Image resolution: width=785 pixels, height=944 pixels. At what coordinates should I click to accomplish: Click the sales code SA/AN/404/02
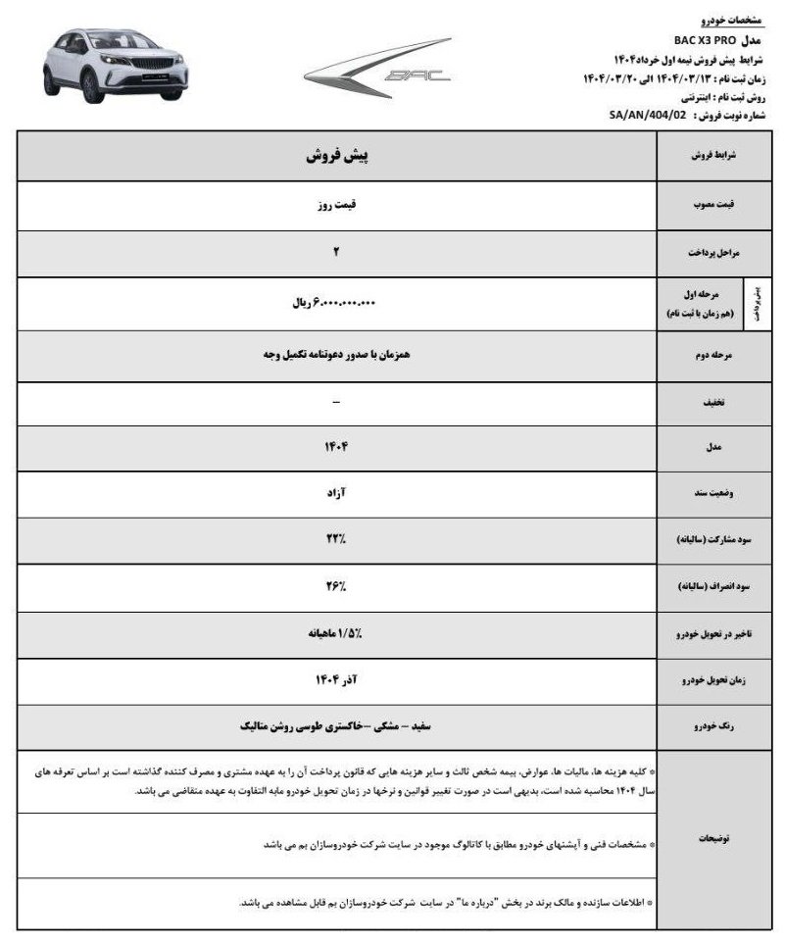[649, 115]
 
